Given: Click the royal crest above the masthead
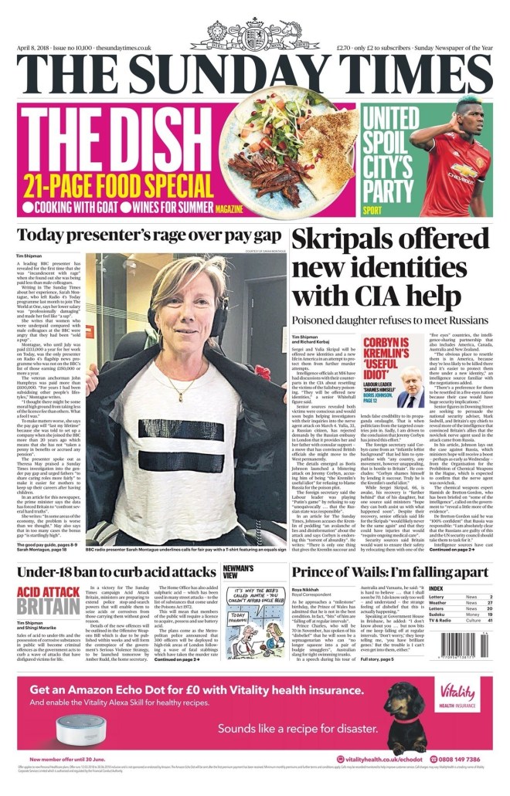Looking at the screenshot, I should (254, 34).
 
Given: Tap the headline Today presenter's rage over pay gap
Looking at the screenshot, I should (147, 235).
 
